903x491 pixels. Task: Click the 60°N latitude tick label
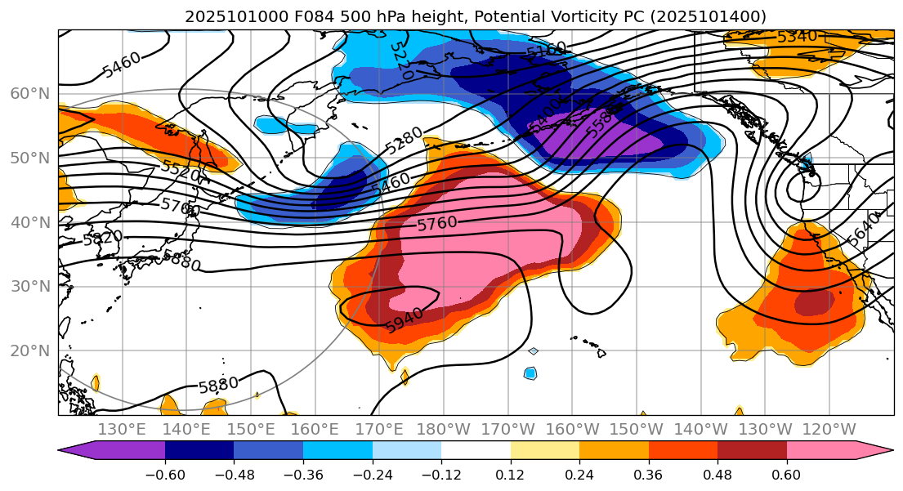29,94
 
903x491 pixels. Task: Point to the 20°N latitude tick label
29,351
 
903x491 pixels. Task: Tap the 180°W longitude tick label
443,430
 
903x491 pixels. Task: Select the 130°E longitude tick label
122,430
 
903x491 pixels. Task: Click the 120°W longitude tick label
829,430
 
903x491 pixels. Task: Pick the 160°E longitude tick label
315,430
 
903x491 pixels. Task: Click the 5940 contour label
404,320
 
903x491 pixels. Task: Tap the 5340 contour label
796,37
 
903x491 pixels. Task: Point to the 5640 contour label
865,229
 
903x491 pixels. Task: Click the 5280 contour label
404,141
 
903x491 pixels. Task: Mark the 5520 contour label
180,172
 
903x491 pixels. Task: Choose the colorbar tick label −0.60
165,475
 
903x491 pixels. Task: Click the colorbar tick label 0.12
511,475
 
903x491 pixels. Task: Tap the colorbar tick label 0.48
717,475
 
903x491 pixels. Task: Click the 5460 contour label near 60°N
121,65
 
